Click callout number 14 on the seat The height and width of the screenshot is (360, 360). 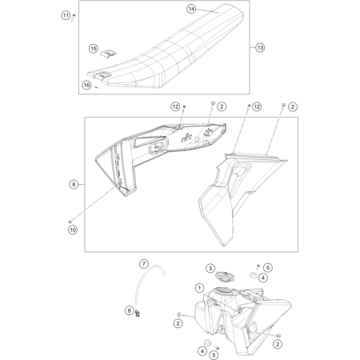[x=191, y=9]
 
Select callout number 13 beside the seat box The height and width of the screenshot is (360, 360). [x=260, y=48]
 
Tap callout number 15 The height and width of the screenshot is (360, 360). [x=94, y=49]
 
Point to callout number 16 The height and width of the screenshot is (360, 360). [x=86, y=85]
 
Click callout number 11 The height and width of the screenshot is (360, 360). [x=66, y=15]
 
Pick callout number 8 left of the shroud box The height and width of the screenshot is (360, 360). [x=74, y=184]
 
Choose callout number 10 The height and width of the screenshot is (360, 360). [x=73, y=230]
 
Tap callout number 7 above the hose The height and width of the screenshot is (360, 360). [x=144, y=264]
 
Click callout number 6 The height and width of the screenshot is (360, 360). [x=130, y=310]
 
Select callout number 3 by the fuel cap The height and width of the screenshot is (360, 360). [x=210, y=268]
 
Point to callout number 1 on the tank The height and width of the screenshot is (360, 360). [x=199, y=288]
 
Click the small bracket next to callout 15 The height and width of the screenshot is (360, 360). [x=108, y=53]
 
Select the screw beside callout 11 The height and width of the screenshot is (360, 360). [x=73, y=18]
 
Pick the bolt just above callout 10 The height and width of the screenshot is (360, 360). [x=70, y=222]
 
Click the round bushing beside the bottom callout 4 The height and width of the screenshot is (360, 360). [x=207, y=343]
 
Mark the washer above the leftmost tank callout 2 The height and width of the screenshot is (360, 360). [x=179, y=314]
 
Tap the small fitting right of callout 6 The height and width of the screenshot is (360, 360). [x=138, y=313]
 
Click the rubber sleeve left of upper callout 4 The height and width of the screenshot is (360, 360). [x=254, y=275]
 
